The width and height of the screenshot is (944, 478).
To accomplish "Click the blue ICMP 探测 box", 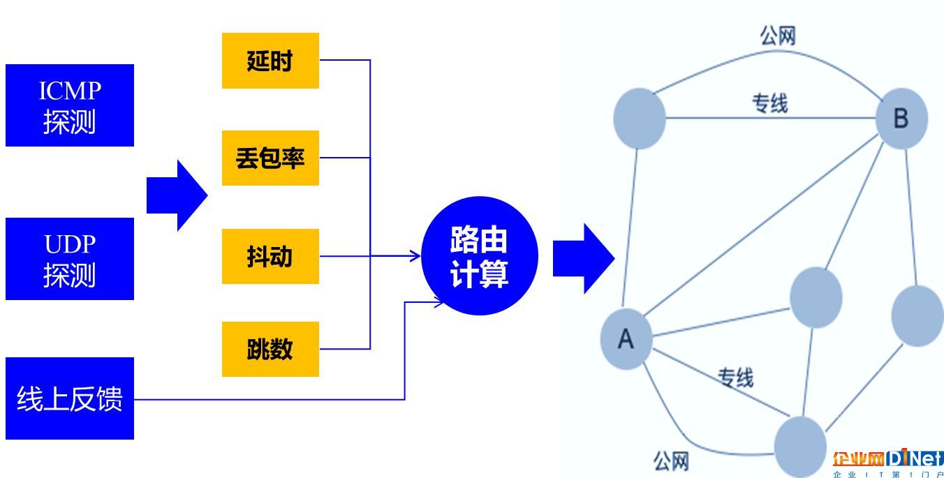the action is pyautogui.click(x=70, y=105).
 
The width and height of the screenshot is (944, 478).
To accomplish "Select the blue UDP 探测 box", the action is pyautogui.click(x=70, y=259).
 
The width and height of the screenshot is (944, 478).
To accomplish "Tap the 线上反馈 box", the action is pyautogui.click(x=70, y=398).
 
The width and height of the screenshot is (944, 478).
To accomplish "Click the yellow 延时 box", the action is pyautogui.click(x=270, y=61).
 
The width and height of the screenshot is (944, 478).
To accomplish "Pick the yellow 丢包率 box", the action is pyautogui.click(x=270, y=158).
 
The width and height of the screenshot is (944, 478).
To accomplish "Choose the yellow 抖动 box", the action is pyautogui.click(x=270, y=256).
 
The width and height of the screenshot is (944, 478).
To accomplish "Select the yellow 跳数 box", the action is pyautogui.click(x=270, y=349).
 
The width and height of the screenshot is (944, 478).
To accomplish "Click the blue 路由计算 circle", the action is pyautogui.click(x=480, y=255).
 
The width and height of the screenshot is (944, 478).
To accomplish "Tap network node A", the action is pyautogui.click(x=626, y=339).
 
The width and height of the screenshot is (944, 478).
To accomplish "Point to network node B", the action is pyautogui.click(x=901, y=119).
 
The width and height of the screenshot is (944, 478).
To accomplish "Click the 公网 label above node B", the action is pyautogui.click(x=778, y=36).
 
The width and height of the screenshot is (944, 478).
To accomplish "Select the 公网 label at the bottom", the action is pyautogui.click(x=671, y=461).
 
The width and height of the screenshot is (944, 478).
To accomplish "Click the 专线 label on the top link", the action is pyautogui.click(x=770, y=103).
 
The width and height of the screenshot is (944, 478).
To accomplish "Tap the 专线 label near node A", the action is pyautogui.click(x=735, y=378).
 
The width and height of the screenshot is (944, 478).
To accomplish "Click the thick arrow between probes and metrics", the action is pyautogui.click(x=177, y=195).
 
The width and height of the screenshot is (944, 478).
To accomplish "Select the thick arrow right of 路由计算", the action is pyautogui.click(x=584, y=259).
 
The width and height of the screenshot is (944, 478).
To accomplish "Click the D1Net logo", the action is pyautogui.click(x=887, y=463).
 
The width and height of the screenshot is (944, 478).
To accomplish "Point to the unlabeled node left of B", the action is pyautogui.click(x=640, y=119).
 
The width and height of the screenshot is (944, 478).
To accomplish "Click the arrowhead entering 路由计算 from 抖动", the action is pyautogui.click(x=415, y=256).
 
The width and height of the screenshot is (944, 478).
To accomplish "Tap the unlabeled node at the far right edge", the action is pyautogui.click(x=918, y=316).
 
